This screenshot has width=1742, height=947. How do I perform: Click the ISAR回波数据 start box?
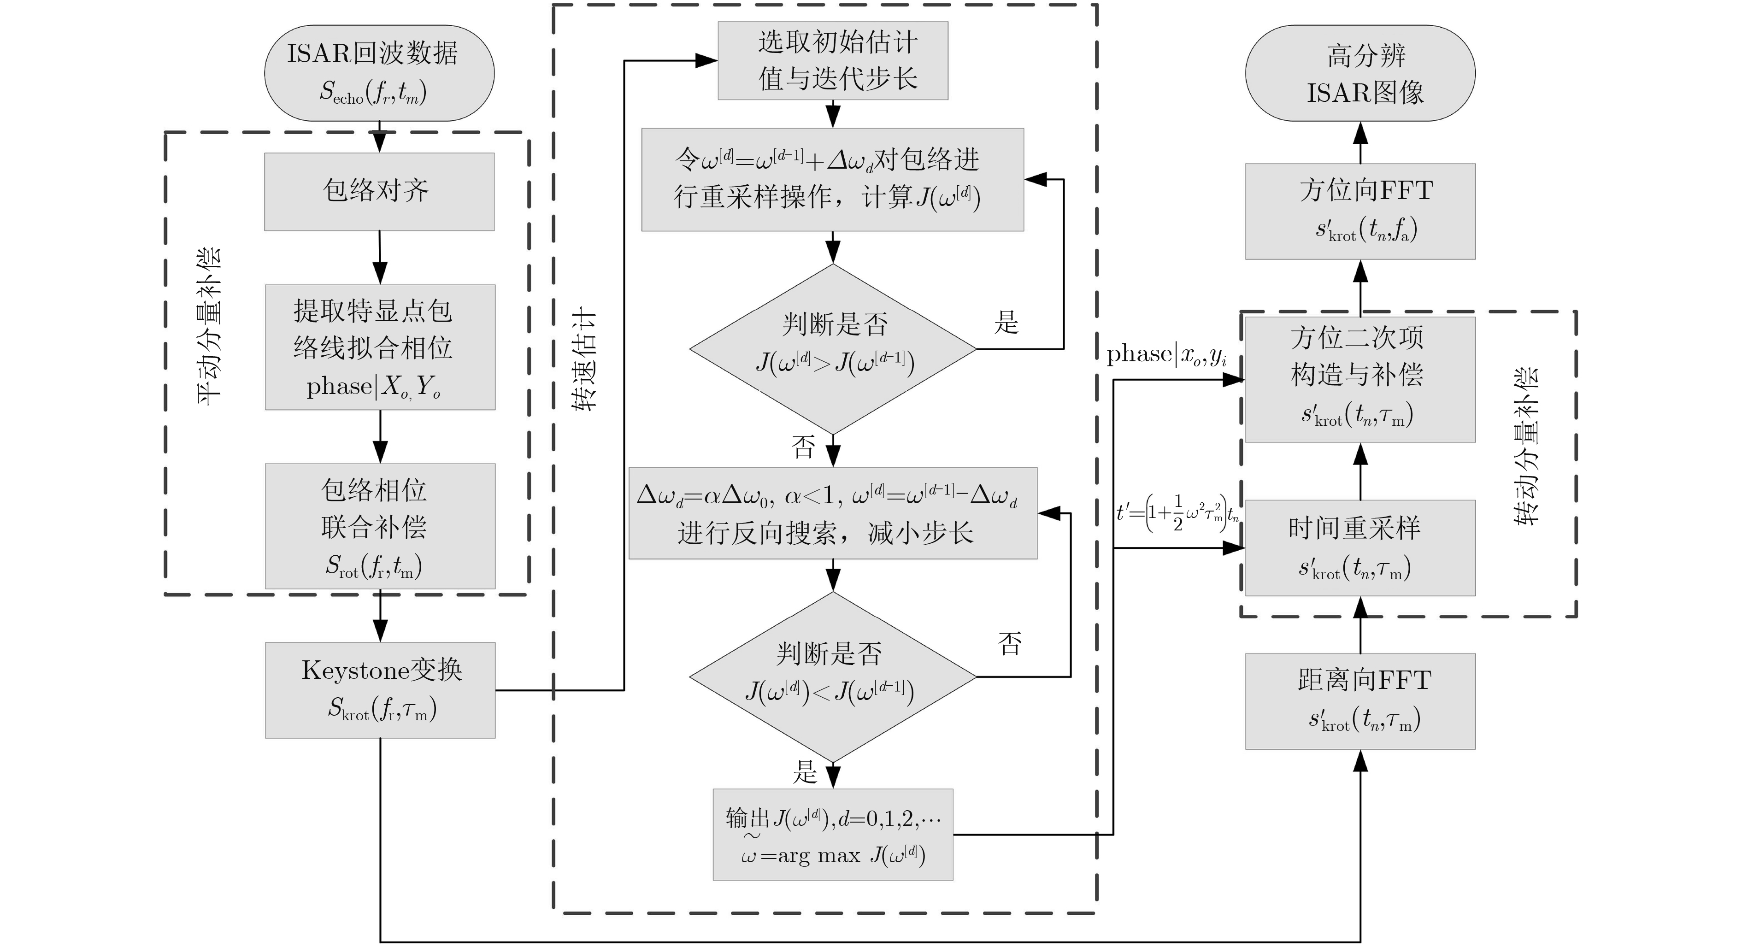tap(379, 73)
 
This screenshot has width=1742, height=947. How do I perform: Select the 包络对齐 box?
tap(379, 191)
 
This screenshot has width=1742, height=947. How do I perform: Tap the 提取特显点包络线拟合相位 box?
tap(380, 347)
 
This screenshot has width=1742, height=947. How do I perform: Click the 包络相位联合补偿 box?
tap(380, 526)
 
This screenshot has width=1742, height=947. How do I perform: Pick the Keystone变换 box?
tap(380, 690)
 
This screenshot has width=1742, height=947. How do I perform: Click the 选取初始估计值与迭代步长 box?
tap(833, 61)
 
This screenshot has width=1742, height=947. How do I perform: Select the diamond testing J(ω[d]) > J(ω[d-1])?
tap(833, 349)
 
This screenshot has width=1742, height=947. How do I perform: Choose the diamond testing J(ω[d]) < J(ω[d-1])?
tap(833, 677)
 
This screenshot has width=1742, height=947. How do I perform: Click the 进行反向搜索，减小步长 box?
tap(833, 513)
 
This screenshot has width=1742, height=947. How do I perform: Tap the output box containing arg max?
tap(833, 835)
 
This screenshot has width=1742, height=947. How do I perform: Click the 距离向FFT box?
tap(1360, 701)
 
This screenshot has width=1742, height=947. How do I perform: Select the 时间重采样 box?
tap(1360, 548)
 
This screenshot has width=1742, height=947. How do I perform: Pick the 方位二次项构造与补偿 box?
tap(1360, 379)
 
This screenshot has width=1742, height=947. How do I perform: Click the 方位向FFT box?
tap(1360, 211)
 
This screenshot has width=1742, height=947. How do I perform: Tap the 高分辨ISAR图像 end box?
tap(1360, 73)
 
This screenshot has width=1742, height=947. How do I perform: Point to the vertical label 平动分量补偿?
tap(210, 326)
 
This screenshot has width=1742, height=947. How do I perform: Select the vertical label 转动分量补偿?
tap(1525, 447)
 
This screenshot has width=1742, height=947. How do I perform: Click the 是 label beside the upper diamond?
tap(1006, 322)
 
